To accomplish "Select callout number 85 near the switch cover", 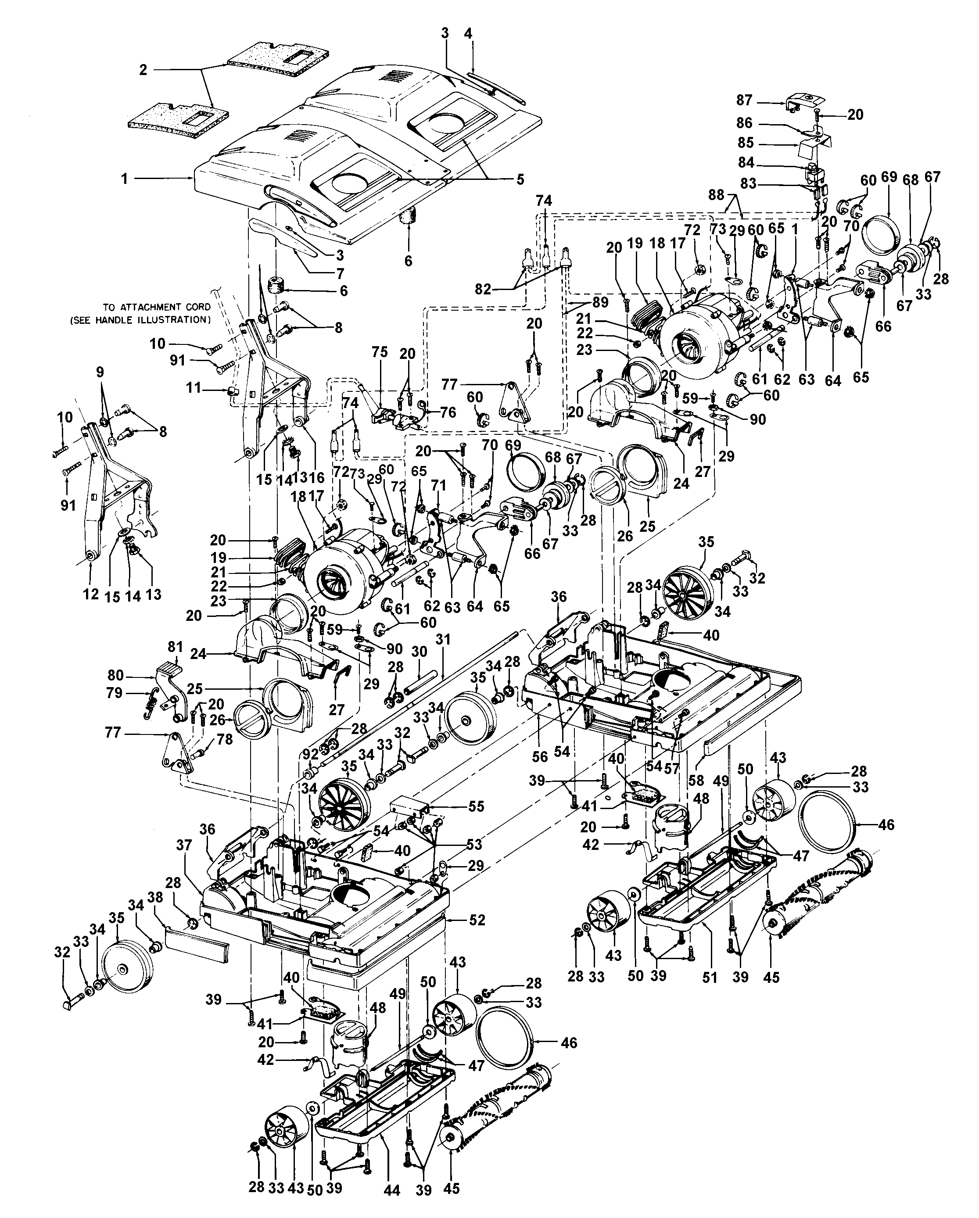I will point(746,143).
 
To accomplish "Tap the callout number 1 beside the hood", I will point(124,179).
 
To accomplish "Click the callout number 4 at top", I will point(468,33).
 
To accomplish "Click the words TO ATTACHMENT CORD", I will point(157,307).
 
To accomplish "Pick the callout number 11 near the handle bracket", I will point(194,388).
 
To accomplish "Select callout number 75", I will point(380,352).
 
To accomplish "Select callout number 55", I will point(476,806).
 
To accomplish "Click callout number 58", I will point(696,780).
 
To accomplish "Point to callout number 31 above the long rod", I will point(444,640).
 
